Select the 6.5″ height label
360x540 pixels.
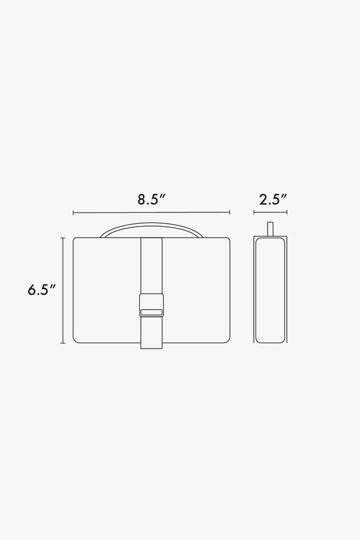(41, 290)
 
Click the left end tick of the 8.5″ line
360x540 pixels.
(73, 212)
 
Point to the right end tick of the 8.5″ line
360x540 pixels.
(230, 212)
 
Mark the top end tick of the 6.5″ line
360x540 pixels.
(62, 238)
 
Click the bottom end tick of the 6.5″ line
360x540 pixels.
(62, 343)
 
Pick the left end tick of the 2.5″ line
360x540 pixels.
(253, 212)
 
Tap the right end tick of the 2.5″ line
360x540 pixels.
(286, 212)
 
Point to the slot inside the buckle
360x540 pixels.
(151, 311)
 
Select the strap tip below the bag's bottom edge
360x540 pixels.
(151, 346)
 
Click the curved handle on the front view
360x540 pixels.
(151, 228)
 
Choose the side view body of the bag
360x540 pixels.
(270, 291)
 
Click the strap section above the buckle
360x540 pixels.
(151, 264)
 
